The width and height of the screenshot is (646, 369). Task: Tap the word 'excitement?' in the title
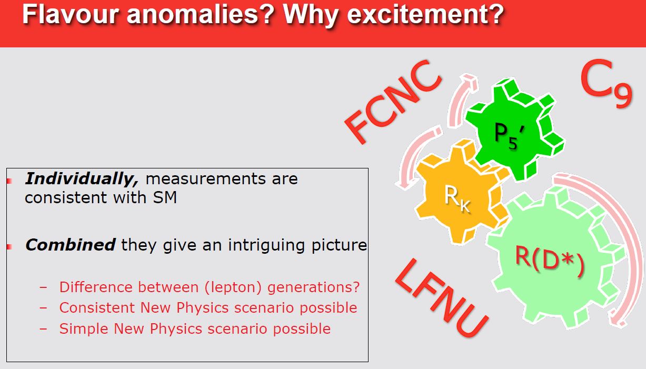425,15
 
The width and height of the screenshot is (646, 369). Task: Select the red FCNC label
393,102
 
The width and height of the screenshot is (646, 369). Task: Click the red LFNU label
442,298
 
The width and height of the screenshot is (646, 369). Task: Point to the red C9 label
606,84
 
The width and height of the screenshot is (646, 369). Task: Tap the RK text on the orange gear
458,198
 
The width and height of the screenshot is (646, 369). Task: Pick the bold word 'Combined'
71,245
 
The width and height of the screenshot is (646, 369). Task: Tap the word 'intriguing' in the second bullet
266,246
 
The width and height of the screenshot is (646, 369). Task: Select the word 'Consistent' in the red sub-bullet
97,307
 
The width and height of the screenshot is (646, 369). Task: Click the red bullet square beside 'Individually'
9,181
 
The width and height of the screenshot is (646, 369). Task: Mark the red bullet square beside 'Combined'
9,247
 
